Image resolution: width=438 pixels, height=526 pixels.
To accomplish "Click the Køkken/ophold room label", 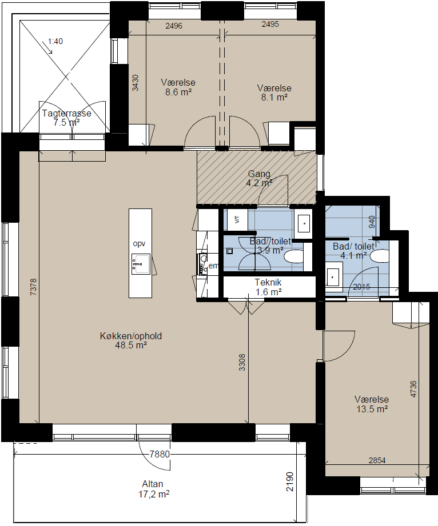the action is click(x=131, y=336).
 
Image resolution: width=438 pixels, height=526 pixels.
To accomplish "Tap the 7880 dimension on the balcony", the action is click(x=160, y=454).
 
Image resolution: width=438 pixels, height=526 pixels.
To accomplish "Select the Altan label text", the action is click(x=153, y=484).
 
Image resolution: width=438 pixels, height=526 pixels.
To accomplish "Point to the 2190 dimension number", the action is click(x=289, y=481).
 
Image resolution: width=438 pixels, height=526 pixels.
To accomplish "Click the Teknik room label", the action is click(x=268, y=282).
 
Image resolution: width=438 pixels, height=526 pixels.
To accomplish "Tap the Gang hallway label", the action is click(x=259, y=174).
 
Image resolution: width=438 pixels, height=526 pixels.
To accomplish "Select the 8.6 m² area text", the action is click(x=178, y=92).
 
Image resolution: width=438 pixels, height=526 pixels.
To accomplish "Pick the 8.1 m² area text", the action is click(x=274, y=97).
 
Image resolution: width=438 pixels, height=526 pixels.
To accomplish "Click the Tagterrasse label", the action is click(x=66, y=113).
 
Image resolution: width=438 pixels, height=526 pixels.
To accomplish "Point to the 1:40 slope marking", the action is click(x=55, y=41).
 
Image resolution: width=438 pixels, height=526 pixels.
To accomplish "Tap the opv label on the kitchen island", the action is click(x=140, y=243).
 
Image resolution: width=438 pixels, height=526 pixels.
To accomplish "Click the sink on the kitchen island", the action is click(x=141, y=264).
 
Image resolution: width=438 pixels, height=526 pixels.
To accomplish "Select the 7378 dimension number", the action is click(x=33, y=287).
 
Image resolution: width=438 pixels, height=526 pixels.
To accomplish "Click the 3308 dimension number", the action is click(x=242, y=363).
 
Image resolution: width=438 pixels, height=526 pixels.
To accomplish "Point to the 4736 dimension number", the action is click(x=413, y=389).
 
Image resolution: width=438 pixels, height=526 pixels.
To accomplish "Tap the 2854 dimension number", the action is click(x=377, y=460).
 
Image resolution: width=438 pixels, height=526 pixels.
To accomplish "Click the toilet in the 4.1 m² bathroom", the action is click(x=380, y=256).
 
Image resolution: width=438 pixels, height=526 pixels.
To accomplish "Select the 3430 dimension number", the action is click(x=135, y=83).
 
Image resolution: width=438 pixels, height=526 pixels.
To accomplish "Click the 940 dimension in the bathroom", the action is click(x=372, y=222).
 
